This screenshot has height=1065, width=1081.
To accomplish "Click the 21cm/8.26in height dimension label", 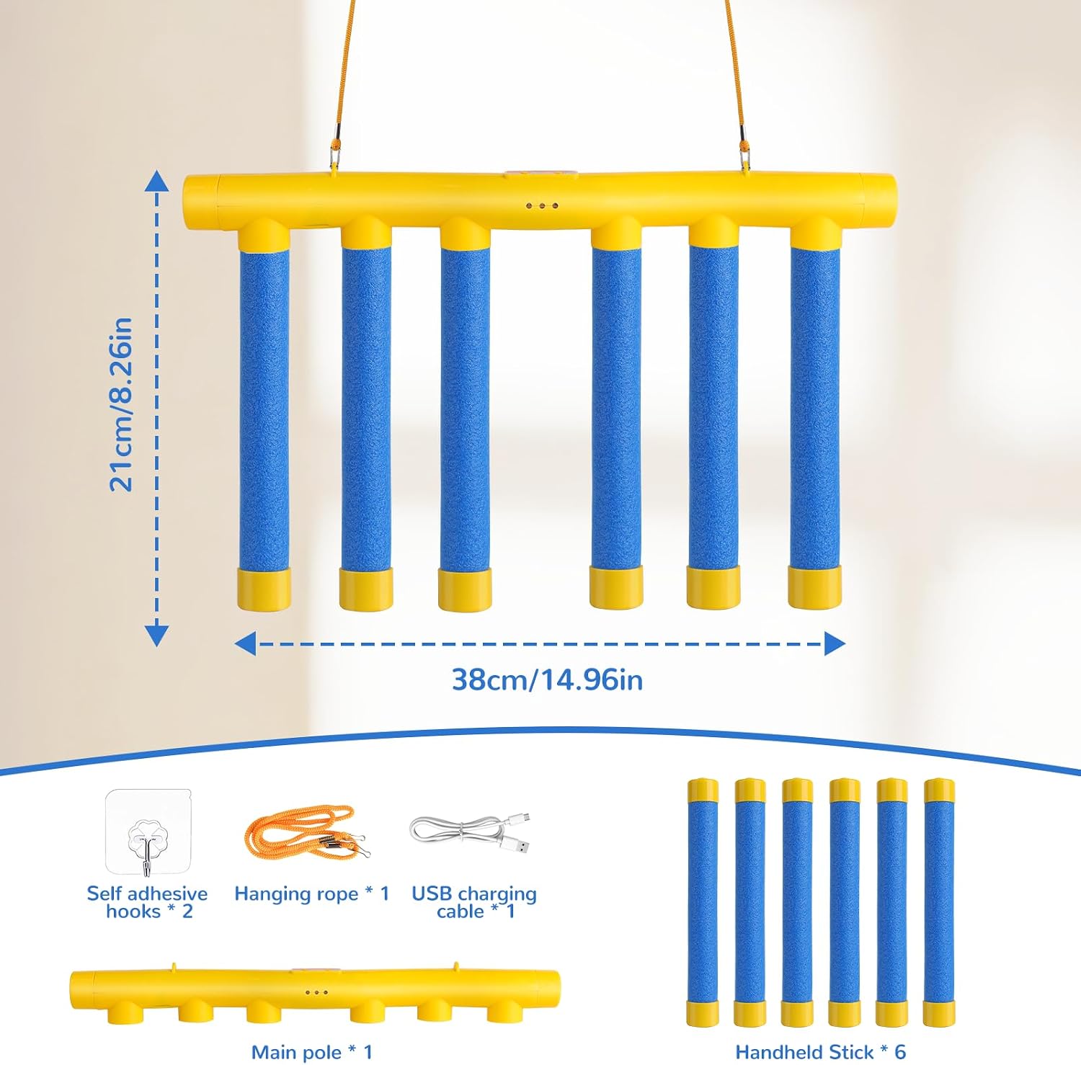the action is (120, 405).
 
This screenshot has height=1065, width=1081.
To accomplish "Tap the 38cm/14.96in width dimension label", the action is (547, 679).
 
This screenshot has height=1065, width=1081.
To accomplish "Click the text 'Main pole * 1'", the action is (312, 1052).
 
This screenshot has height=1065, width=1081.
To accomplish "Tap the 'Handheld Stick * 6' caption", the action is (820, 1052).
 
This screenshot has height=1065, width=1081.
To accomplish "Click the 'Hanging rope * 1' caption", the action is (311, 894).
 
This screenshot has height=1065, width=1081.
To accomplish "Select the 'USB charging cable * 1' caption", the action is (474, 902).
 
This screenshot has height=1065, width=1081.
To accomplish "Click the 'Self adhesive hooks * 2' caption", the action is (148, 902).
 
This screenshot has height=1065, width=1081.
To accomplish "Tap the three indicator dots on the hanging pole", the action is (542, 206).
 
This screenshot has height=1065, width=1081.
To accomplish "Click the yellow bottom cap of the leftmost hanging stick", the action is (264, 589).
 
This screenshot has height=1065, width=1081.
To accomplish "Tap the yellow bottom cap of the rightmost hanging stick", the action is (814, 587).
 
